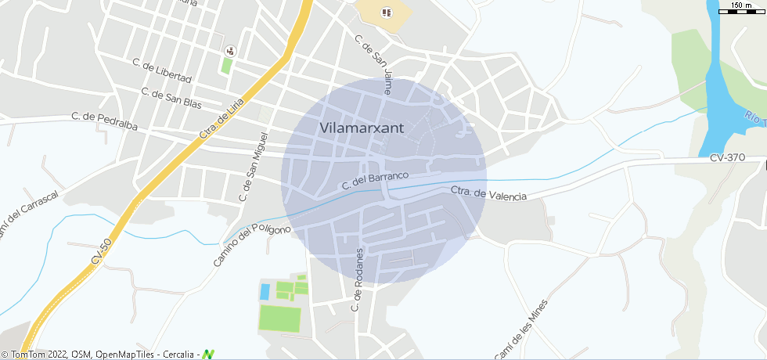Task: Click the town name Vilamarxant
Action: tap(362, 128)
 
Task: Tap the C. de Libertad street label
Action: tap(162, 70)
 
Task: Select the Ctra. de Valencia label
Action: tap(488, 194)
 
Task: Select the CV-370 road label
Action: tap(727, 157)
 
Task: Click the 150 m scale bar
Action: tap(741, 9)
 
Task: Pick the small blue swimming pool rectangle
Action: tap(265, 291)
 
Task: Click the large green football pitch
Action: tap(279, 319)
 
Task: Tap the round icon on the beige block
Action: tap(385, 13)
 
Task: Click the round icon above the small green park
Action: tap(229, 51)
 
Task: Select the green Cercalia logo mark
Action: tap(208, 355)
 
